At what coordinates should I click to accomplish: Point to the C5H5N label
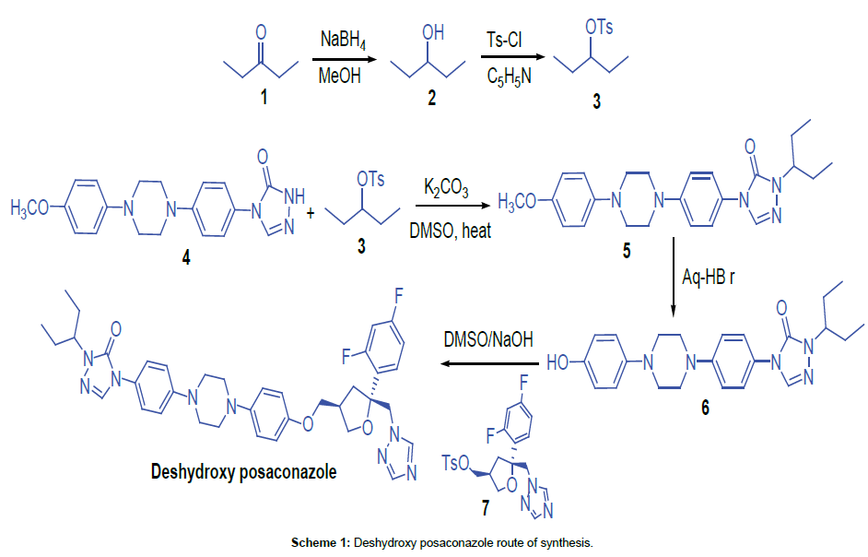[509, 77]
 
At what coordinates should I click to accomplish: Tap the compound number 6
[705, 407]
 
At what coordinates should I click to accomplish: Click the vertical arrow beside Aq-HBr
[674, 276]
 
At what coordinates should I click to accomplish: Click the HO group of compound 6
[558, 360]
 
